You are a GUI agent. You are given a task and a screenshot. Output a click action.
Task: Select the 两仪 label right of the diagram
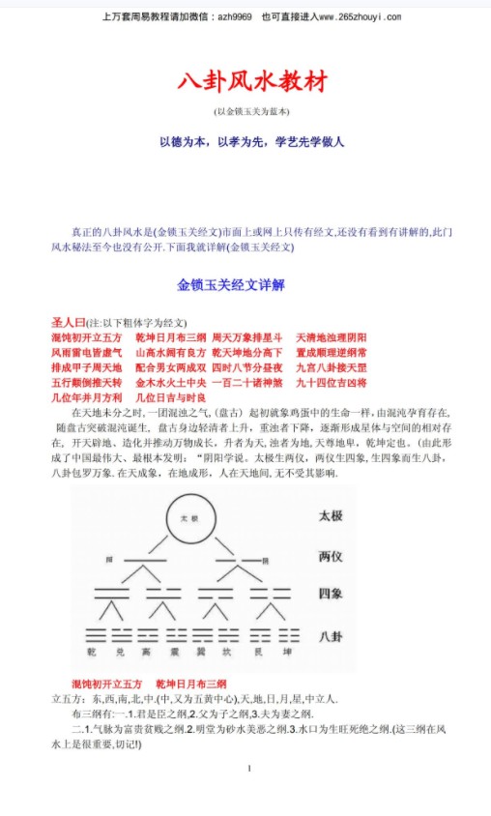[331, 556]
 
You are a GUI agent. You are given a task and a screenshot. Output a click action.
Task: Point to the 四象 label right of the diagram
[331, 595]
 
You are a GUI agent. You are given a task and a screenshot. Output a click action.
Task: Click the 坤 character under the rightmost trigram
[285, 653]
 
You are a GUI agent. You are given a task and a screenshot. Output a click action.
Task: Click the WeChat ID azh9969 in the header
[233, 16]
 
